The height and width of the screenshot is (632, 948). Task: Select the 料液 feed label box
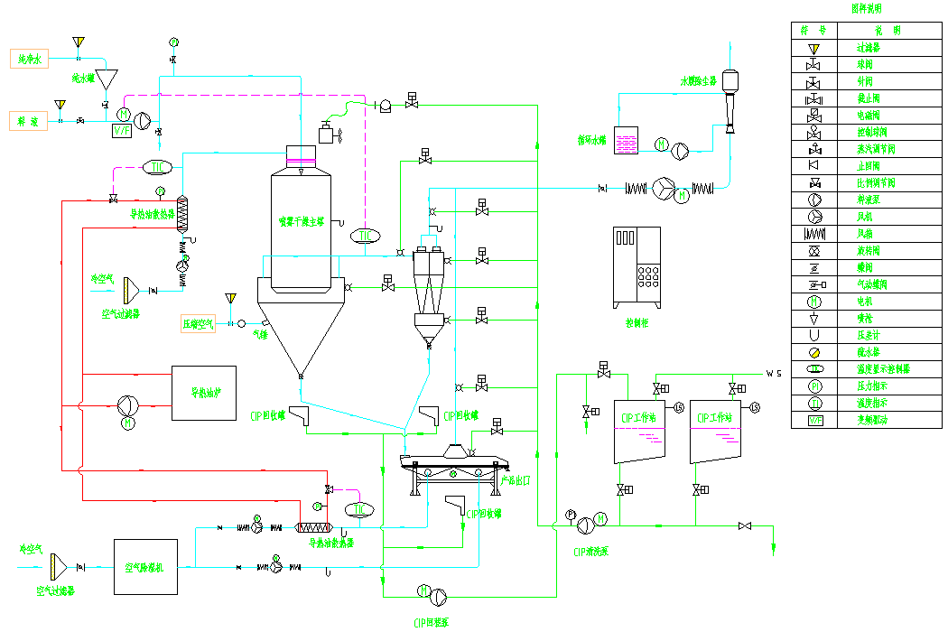click(28, 121)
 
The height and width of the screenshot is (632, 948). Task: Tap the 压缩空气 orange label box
click(199, 324)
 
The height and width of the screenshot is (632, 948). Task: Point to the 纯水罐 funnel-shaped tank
click(107, 79)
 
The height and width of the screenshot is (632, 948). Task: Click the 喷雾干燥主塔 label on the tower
click(302, 219)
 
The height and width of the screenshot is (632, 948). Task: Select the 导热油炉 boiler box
click(204, 393)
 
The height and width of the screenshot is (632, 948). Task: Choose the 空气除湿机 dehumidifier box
click(144, 567)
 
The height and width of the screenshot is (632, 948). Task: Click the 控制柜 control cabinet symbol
click(638, 265)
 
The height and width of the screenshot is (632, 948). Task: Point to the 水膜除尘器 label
click(698, 81)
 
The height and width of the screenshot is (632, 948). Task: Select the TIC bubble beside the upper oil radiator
click(157, 167)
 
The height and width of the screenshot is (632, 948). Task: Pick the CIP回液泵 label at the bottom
click(432, 622)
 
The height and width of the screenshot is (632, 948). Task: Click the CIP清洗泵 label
click(591, 550)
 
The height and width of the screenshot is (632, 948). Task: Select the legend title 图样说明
click(867, 9)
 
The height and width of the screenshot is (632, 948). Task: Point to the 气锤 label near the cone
click(261, 334)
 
